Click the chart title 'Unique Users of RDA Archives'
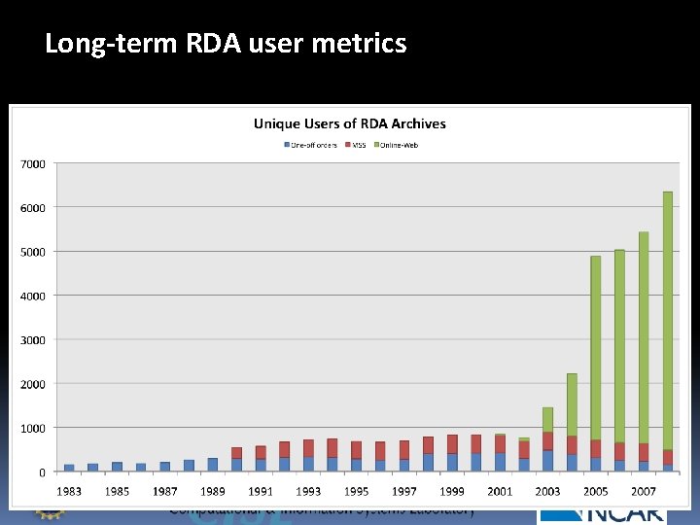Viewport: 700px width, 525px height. tap(350, 123)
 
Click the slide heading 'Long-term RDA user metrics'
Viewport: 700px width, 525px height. tap(226, 44)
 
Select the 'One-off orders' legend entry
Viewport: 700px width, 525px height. tap(310, 145)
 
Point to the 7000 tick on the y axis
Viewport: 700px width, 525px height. tap(33, 163)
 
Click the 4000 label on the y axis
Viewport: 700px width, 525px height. tap(33, 296)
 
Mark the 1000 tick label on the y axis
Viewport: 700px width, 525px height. tap(33, 428)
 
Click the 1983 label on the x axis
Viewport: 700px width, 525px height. tap(69, 491)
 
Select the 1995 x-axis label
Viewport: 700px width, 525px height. tap(356, 491)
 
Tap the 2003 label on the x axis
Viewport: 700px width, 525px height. tap(547, 491)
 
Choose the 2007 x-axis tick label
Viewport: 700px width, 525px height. tap(643, 491)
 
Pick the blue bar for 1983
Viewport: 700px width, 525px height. tap(69, 468)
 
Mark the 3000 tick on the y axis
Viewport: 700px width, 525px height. tap(33, 340)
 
